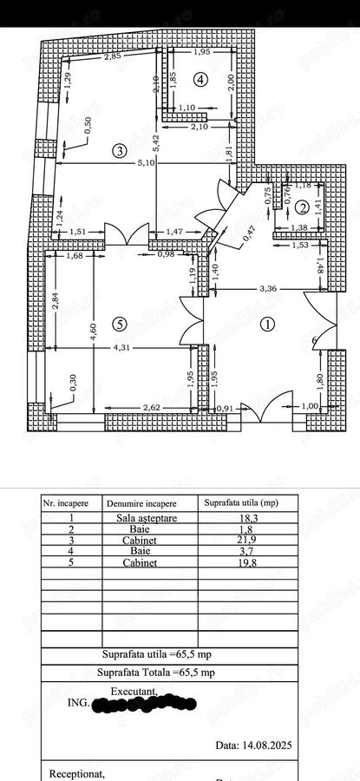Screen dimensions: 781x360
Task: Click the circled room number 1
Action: [x=267, y=325]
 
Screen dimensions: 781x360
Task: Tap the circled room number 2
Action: [x=302, y=207]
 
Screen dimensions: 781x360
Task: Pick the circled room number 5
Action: [x=120, y=325]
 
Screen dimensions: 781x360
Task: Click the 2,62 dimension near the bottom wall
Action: [x=152, y=407]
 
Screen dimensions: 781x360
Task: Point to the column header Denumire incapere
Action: [x=141, y=502]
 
